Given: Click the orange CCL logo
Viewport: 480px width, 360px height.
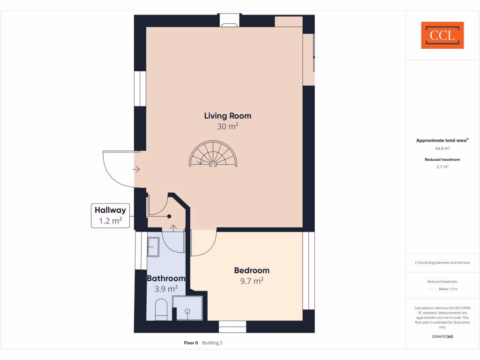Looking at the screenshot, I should click(x=442, y=35).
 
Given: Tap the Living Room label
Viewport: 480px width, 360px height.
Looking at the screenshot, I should click(x=227, y=116).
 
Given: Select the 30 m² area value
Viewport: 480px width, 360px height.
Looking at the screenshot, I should click(x=227, y=127).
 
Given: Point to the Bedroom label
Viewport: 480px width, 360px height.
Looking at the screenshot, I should click(x=252, y=270).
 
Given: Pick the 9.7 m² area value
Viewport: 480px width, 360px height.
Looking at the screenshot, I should click(x=252, y=281).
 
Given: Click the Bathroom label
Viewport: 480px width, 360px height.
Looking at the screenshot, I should click(x=166, y=278).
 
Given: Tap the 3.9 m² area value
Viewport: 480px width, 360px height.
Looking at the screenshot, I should click(x=166, y=289).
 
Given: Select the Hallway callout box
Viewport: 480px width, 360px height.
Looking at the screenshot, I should click(x=110, y=216).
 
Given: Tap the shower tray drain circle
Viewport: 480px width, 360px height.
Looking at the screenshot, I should click(x=187, y=311).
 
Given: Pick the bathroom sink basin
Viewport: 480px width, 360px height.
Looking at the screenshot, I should click(x=153, y=246).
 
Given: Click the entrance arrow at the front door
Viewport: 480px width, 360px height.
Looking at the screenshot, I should click(x=137, y=169).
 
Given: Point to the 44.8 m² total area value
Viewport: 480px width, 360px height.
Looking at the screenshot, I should click(x=442, y=148).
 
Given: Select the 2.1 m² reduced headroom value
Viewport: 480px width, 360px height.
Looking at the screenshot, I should click(x=442, y=166).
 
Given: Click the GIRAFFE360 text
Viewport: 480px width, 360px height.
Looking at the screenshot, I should click(x=442, y=337).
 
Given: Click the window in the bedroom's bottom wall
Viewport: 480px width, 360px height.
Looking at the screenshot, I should click(x=232, y=327).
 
